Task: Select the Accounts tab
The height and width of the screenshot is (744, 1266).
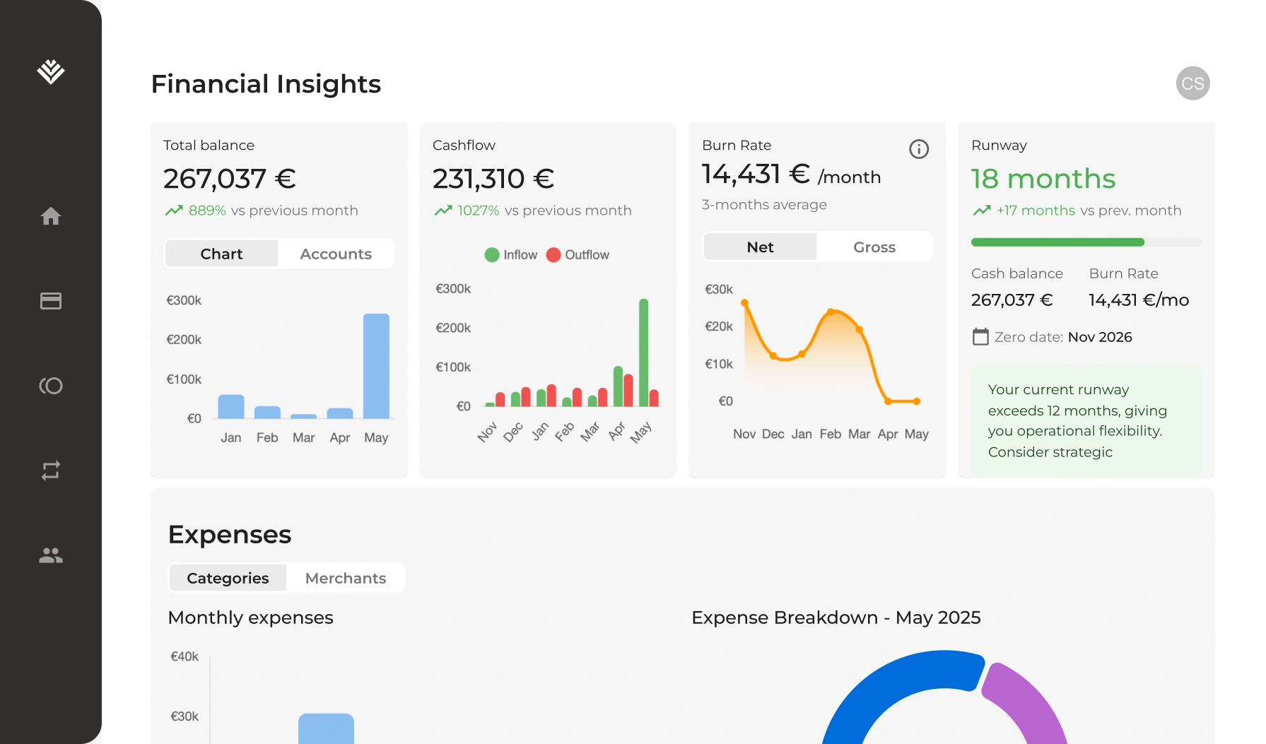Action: click(336, 254)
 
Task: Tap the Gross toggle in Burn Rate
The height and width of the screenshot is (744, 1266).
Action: click(874, 247)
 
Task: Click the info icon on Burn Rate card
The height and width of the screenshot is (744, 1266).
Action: click(918, 149)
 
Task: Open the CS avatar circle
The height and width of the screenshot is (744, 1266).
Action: click(1192, 83)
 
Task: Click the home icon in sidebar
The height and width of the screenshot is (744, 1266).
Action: click(51, 216)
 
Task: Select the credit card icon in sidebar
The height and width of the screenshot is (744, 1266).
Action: click(51, 301)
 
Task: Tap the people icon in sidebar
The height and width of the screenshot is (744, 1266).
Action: click(51, 555)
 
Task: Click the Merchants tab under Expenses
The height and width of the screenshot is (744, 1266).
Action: click(346, 578)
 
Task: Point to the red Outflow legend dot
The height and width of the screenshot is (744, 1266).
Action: click(553, 255)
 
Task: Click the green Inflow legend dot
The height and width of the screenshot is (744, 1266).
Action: click(492, 255)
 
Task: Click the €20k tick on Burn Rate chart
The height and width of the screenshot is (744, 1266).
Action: click(718, 326)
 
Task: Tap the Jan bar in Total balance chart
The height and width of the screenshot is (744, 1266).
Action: click(231, 407)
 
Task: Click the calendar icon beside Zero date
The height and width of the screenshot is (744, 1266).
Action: click(980, 337)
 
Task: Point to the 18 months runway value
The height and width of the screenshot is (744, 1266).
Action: click(1043, 179)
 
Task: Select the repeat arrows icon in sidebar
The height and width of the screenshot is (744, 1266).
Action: click(51, 471)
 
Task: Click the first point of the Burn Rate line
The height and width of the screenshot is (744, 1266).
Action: click(744, 303)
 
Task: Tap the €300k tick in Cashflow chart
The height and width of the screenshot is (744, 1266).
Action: click(453, 289)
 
